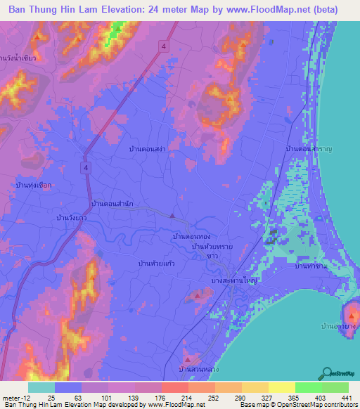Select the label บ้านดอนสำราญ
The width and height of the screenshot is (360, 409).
point(309,150)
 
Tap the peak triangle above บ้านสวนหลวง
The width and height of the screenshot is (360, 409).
point(186,355)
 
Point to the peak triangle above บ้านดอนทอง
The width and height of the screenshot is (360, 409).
point(171,215)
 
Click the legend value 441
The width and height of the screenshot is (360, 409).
point(345,397)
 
